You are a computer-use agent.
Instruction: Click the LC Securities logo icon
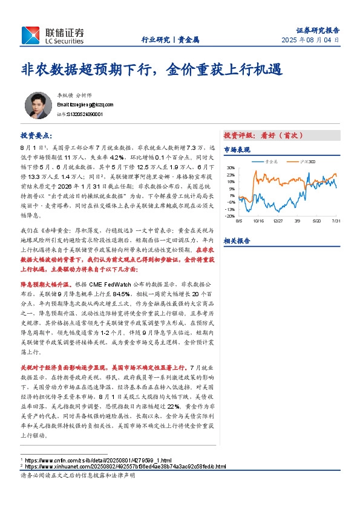pos(30,36)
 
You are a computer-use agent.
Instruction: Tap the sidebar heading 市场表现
pos(237,149)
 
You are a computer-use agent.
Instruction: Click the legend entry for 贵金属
pos(272,161)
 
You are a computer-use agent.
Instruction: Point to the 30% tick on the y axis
pos(231,167)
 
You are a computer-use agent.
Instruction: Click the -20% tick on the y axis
pos(230,216)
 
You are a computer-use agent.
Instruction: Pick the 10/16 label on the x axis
pos(260,221)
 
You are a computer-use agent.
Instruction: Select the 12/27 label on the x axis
pos(278,221)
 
